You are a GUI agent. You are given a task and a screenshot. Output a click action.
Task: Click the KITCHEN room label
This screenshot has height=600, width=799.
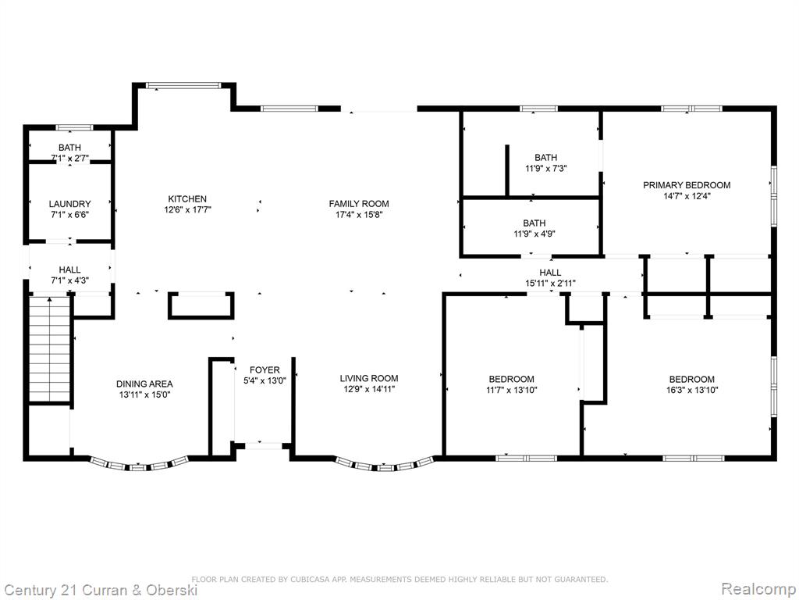point(187,199)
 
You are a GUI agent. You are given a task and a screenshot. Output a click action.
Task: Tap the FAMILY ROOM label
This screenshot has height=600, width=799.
point(359,204)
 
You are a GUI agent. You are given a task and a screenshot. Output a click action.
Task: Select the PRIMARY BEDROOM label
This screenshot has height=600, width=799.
point(687,185)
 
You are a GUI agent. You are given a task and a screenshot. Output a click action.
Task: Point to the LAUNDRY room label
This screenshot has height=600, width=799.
point(69,204)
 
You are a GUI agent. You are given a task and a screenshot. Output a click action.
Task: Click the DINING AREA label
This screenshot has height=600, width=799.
point(144,384)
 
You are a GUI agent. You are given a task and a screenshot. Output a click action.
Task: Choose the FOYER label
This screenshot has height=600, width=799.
point(265,370)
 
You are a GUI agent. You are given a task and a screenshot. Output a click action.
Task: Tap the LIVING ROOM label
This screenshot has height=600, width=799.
point(369,378)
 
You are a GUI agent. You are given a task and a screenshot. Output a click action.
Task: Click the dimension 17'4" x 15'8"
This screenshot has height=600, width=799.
point(359,215)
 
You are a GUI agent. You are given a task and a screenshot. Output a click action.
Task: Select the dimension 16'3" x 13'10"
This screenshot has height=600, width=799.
point(691,391)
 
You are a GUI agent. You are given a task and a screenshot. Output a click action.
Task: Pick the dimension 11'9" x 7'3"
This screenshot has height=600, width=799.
point(545,169)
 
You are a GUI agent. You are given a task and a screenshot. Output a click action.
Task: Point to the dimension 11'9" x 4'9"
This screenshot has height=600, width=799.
point(534,234)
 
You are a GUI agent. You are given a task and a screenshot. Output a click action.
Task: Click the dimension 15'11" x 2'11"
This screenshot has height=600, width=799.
point(550,284)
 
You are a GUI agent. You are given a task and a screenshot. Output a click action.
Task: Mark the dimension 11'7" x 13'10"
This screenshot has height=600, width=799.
point(511,391)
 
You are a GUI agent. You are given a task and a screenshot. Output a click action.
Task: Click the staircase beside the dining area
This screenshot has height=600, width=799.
point(49,349)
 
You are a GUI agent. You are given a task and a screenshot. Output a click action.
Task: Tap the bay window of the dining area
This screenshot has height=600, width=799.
point(139,464)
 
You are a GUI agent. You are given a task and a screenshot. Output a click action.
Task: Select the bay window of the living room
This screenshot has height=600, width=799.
point(385,464)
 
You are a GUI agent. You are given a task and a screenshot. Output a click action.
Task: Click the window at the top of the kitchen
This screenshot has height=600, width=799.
point(183,85)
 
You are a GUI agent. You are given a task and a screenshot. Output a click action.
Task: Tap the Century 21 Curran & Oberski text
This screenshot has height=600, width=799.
point(101,591)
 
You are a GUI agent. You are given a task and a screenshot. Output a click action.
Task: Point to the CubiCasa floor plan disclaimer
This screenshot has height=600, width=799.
point(399,579)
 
